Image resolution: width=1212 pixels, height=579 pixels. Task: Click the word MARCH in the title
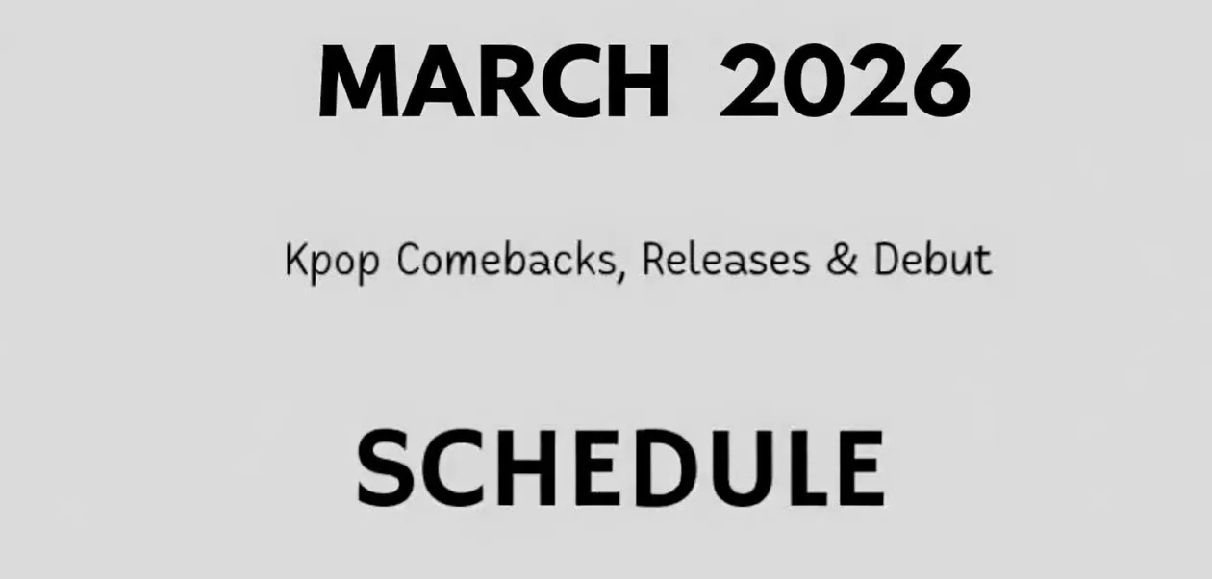click(492, 82)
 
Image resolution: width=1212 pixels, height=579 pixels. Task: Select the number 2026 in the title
click(845, 82)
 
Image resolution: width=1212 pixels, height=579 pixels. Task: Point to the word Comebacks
click(504, 260)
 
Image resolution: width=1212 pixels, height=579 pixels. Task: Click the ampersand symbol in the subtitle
click(842, 260)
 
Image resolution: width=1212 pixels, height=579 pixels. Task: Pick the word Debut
click(932, 260)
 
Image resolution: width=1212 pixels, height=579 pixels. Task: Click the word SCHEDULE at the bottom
click(620, 468)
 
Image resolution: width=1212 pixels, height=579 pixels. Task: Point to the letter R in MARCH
click(498, 82)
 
